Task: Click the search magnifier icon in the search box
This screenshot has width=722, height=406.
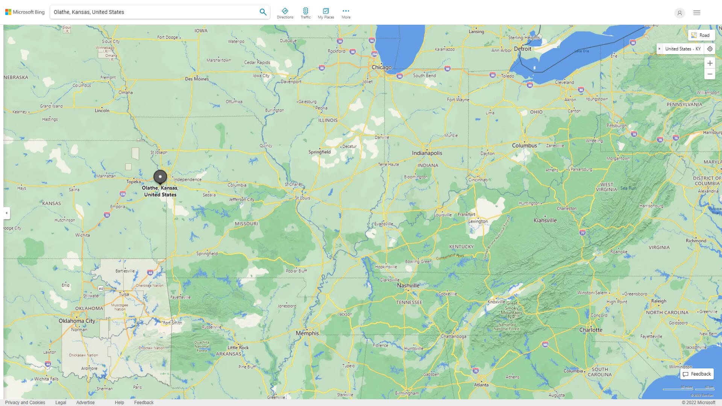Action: [x=263, y=12]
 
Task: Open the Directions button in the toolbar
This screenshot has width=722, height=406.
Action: [x=285, y=13]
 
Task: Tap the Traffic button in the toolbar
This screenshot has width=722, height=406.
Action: [x=305, y=13]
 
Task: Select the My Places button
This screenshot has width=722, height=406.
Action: [x=326, y=13]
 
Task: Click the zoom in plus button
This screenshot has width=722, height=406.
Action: [x=710, y=63]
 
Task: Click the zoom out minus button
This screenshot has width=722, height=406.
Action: [x=710, y=74]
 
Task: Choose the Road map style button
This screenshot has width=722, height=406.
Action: [x=701, y=35]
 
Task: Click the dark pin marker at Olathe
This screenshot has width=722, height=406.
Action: [x=160, y=177]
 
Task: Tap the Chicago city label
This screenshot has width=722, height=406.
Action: [x=381, y=67]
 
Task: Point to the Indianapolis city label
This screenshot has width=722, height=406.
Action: [x=427, y=153]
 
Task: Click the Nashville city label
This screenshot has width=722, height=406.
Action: [x=408, y=285]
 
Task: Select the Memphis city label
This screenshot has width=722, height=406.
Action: [x=307, y=333]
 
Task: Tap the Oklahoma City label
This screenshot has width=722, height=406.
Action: [x=77, y=321]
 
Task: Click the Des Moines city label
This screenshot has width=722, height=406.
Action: [x=197, y=79]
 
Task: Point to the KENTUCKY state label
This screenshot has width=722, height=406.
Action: [x=461, y=247]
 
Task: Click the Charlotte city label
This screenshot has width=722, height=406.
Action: [x=590, y=330]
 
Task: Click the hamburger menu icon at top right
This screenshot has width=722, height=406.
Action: [x=696, y=13]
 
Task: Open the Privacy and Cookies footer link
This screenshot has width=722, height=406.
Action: [x=25, y=402]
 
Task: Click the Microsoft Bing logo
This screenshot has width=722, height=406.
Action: [x=25, y=12]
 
